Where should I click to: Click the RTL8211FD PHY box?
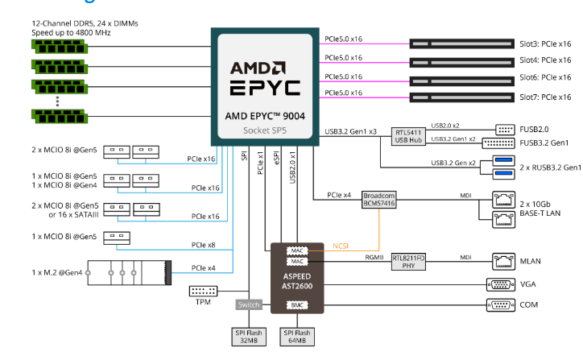coord(408,262)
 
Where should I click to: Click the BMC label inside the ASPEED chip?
coord(298,304)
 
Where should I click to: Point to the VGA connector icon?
coord(502,283)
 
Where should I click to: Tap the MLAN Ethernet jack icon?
coord(503,260)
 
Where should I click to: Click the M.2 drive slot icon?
coord(130,271)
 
